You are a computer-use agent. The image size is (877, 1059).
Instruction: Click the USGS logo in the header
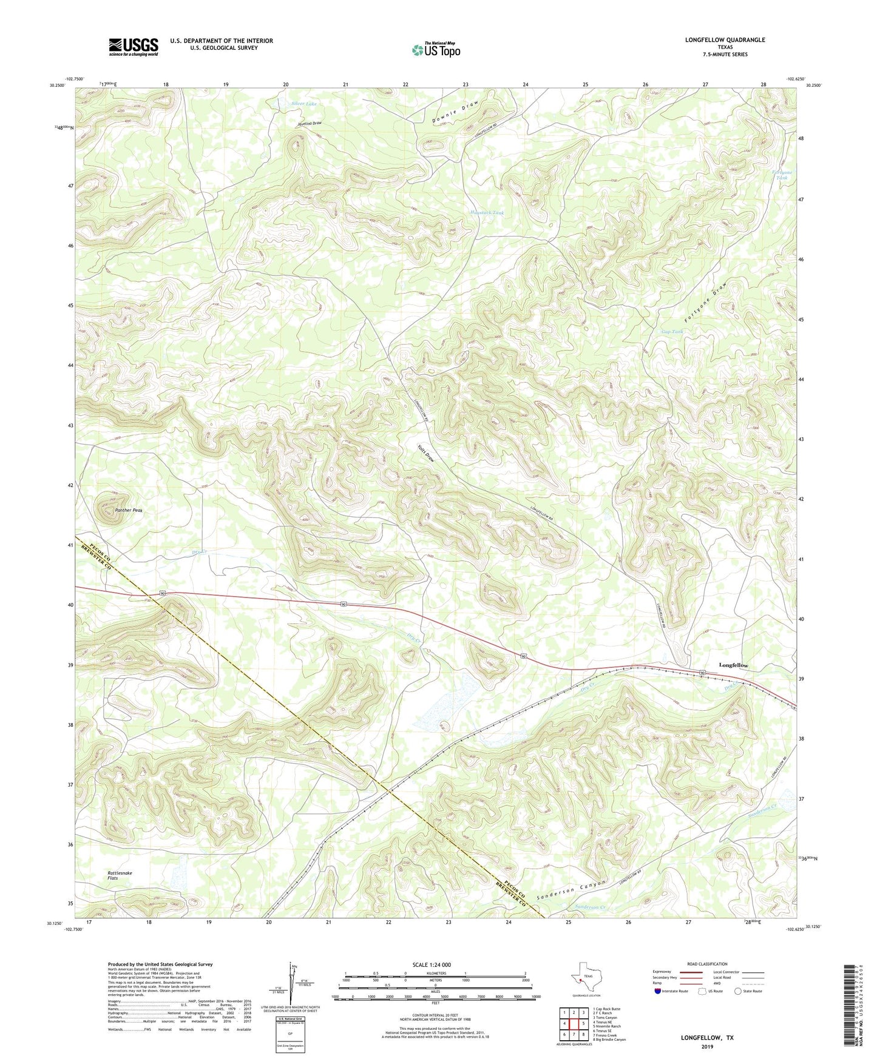point(134,47)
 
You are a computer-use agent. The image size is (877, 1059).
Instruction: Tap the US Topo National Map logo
point(436,50)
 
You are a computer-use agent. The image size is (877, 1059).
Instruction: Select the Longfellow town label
point(733,665)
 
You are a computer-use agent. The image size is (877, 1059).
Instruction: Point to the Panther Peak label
point(129,511)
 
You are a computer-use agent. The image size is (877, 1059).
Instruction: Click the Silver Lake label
point(303,104)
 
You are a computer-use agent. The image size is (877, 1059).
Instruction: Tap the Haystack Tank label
point(487,213)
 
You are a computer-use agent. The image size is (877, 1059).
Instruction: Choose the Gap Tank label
point(672,332)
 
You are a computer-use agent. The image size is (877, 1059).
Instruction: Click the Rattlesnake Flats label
point(120,875)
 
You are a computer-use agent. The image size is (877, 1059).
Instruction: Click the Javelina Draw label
point(309,123)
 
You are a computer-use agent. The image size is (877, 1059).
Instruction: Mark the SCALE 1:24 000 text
point(435,964)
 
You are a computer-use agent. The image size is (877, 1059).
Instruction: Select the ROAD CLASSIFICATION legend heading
point(707,964)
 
